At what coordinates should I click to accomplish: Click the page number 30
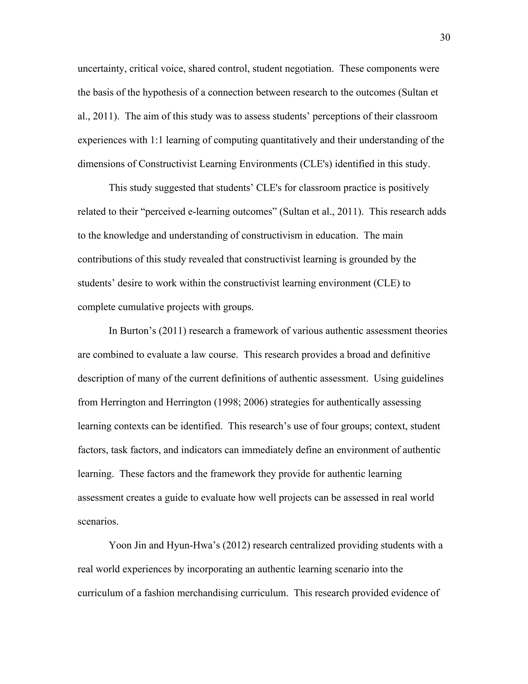pos(445,38)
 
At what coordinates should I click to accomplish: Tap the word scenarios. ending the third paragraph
pos(98,522)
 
